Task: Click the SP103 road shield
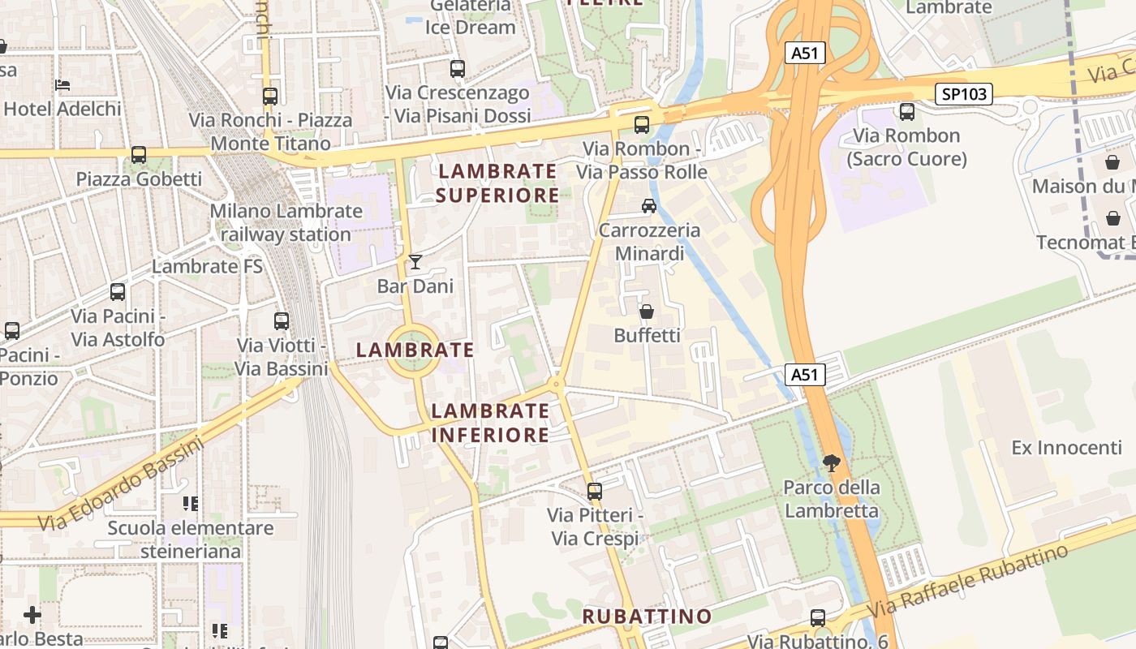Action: [x=964, y=94]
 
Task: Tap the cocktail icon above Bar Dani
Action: [x=415, y=262]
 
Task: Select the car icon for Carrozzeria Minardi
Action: [x=649, y=206]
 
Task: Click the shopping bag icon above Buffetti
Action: [x=647, y=312]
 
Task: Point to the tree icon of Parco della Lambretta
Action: [x=831, y=463]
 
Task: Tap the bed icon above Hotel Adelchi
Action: [x=62, y=85]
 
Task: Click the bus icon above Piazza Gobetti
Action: [x=139, y=155]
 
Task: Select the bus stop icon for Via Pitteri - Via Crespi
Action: [x=595, y=491]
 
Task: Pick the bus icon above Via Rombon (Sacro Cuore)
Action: [x=906, y=112]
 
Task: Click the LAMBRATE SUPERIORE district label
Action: [x=497, y=183]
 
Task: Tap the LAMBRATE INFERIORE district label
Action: [x=490, y=423]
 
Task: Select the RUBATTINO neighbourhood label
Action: [x=647, y=617]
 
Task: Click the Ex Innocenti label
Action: [x=1066, y=448]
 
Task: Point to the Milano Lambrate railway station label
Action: [x=286, y=223]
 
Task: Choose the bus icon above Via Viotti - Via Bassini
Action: [x=282, y=321]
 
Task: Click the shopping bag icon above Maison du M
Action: [x=1112, y=162]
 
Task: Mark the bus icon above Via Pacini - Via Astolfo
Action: [x=118, y=292]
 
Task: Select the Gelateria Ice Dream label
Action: [x=471, y=16]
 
